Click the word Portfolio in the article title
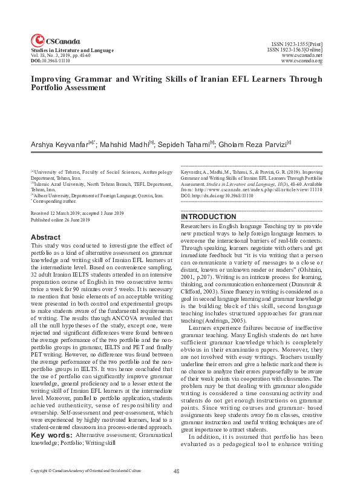[47, 88]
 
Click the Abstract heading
[45, 237]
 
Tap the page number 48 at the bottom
[177, 470]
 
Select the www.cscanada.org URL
[302, 62]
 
